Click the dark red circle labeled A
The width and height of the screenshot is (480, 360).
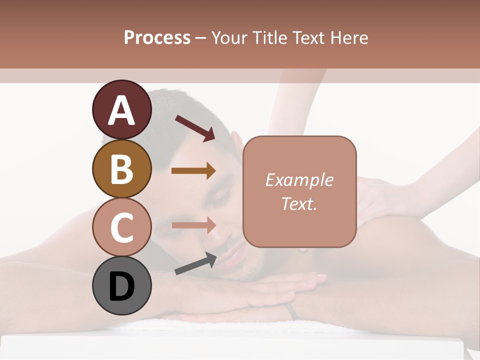coord(121,109)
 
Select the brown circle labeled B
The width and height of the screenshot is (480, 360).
coord(121,168)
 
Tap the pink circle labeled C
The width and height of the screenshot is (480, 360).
coord(121,227)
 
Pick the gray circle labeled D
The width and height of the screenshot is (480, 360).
coord(121,285)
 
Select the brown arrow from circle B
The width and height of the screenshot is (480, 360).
coord(193,170)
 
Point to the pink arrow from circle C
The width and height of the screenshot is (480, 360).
coord(193,225)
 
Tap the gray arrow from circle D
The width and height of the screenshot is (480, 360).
coord(195,263)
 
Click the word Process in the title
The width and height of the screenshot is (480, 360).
coord(157,38)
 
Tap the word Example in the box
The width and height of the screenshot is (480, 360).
coord(299,180)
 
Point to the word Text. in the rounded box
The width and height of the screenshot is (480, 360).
coord(299,203)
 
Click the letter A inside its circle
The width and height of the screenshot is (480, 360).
coord(121,110)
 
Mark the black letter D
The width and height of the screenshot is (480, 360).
coord(121,286)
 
